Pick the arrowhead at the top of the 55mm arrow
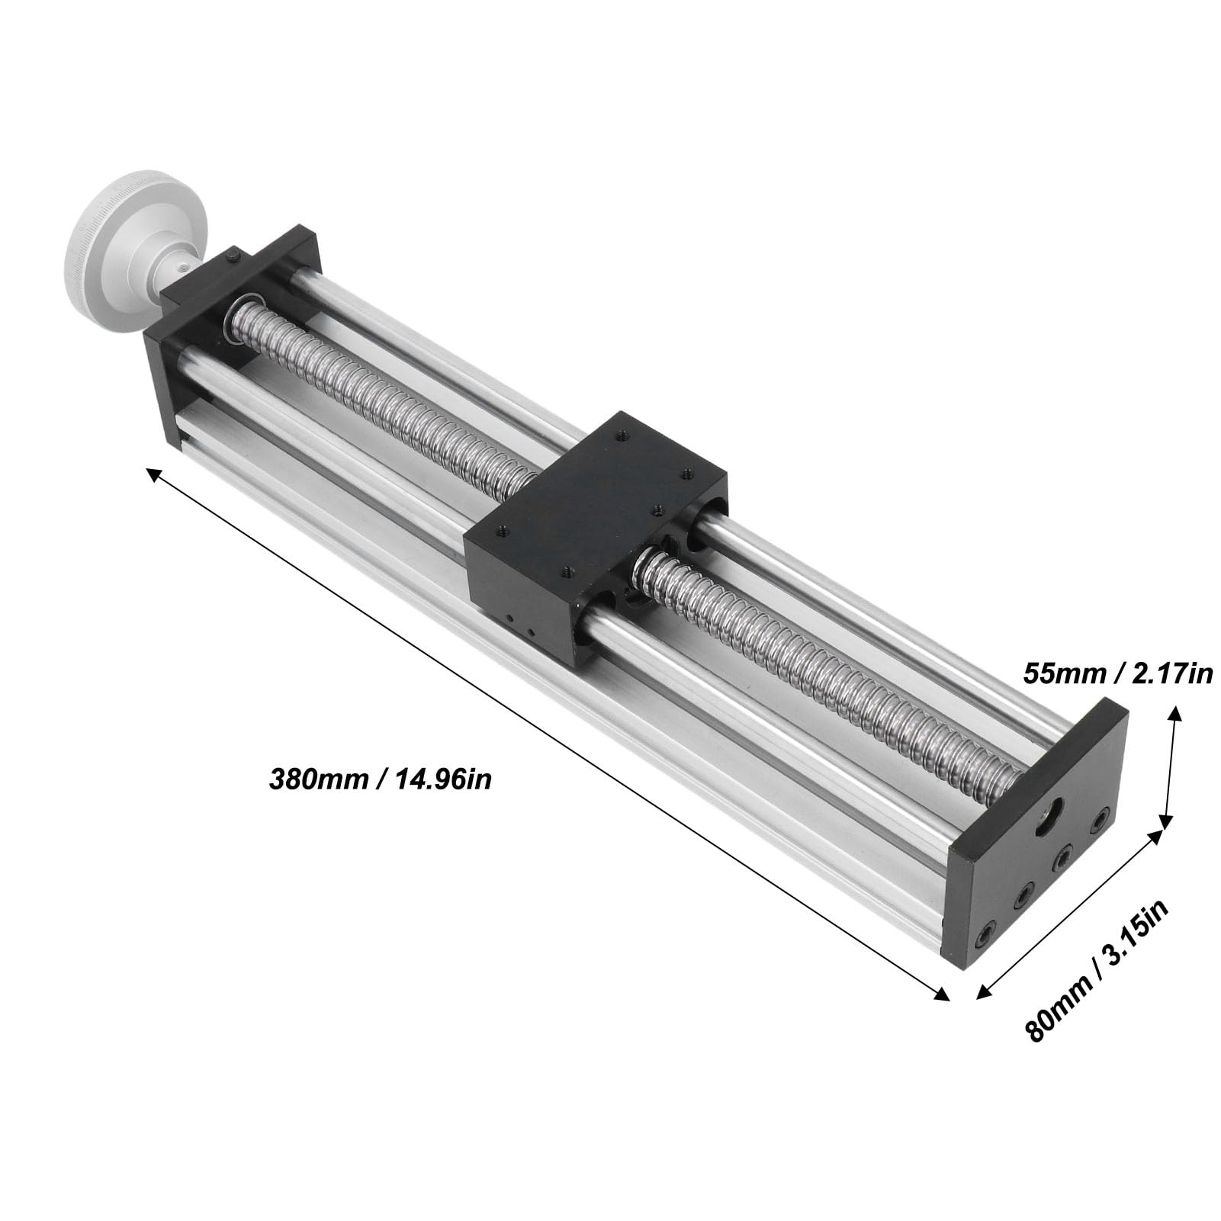[x=1175, y=714]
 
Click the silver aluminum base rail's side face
[x=534, y=686]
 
